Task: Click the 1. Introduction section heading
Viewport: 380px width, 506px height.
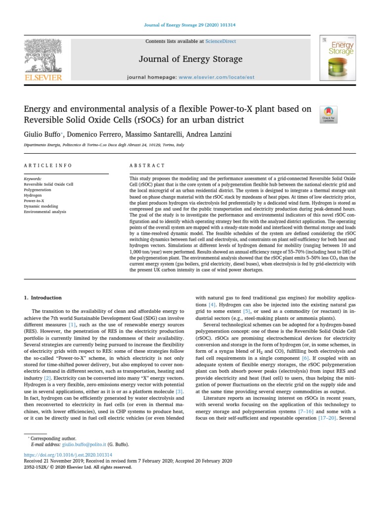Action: click(x=43, y=298)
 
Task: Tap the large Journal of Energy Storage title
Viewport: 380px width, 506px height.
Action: click(x=190, y=59)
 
